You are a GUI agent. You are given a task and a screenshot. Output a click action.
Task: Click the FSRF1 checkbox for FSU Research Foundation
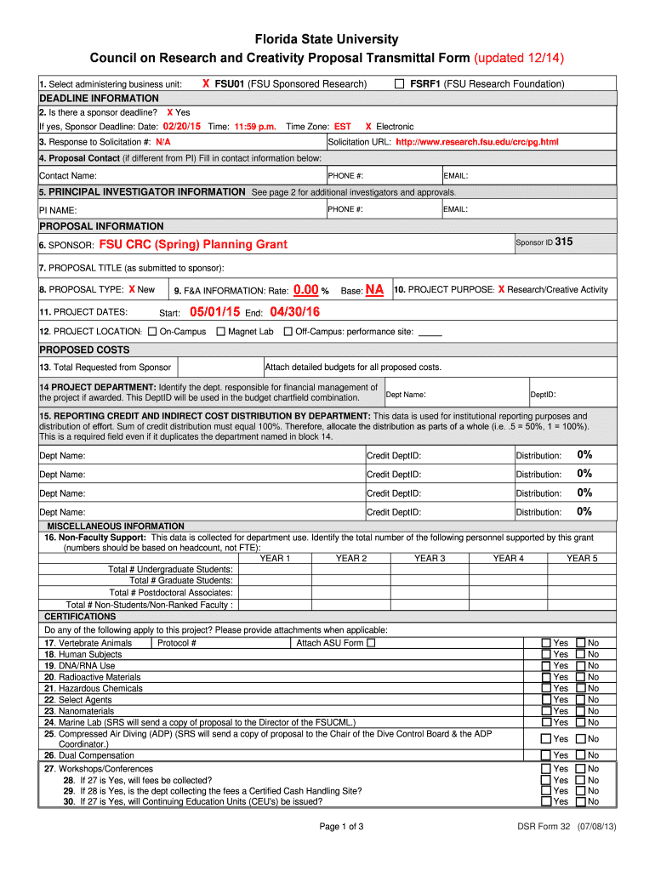click(x=399, y=84)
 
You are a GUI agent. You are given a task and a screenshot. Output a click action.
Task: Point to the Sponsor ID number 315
click(x=564, y=242)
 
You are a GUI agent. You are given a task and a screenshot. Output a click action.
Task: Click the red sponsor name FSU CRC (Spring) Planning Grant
click(x=193, y=245)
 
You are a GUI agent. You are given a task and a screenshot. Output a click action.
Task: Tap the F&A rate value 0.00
click(x=305, y=290)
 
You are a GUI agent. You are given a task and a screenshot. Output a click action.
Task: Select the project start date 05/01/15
click(x=214, y=312)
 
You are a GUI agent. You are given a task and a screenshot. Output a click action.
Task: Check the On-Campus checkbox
click(x=152, y=332)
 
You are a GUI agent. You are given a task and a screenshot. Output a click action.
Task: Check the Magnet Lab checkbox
click(x=221, y=332)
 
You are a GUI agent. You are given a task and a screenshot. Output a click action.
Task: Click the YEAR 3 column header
click(x=430, y=558)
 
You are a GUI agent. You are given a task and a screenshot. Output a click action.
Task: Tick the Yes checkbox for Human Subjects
click(x=546, y=654)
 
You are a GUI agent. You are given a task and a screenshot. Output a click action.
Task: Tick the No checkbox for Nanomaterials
click(x=581, y=710)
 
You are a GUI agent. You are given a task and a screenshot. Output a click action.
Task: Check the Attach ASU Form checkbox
click(x=371, y=643)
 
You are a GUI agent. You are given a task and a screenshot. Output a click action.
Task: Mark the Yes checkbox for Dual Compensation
click(x=546, y=755)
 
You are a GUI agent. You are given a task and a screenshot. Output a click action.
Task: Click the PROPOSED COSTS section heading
click(x=84, y=350)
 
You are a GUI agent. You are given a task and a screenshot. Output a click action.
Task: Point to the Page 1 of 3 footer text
click(x=341, y=827)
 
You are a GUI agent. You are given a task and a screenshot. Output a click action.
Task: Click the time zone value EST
click(x=342, y=127)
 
